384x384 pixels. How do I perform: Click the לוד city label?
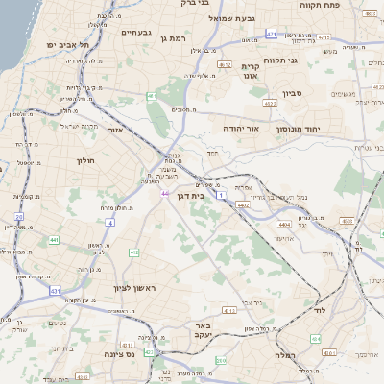click(320, 312)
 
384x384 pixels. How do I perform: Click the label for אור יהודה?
click(226, 126)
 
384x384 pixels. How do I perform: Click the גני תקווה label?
click(306, 60)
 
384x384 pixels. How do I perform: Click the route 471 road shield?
click(272, 35)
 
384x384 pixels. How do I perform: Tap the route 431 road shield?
click(56, 291)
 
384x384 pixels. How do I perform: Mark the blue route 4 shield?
click(110, 223)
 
